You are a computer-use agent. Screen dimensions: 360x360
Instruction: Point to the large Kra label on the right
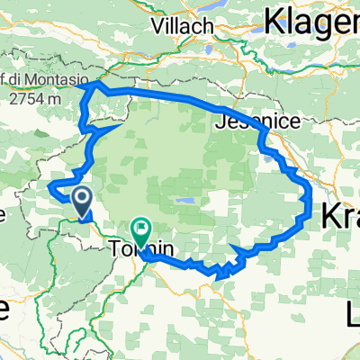pyautogui.click(x=340, y=214)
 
